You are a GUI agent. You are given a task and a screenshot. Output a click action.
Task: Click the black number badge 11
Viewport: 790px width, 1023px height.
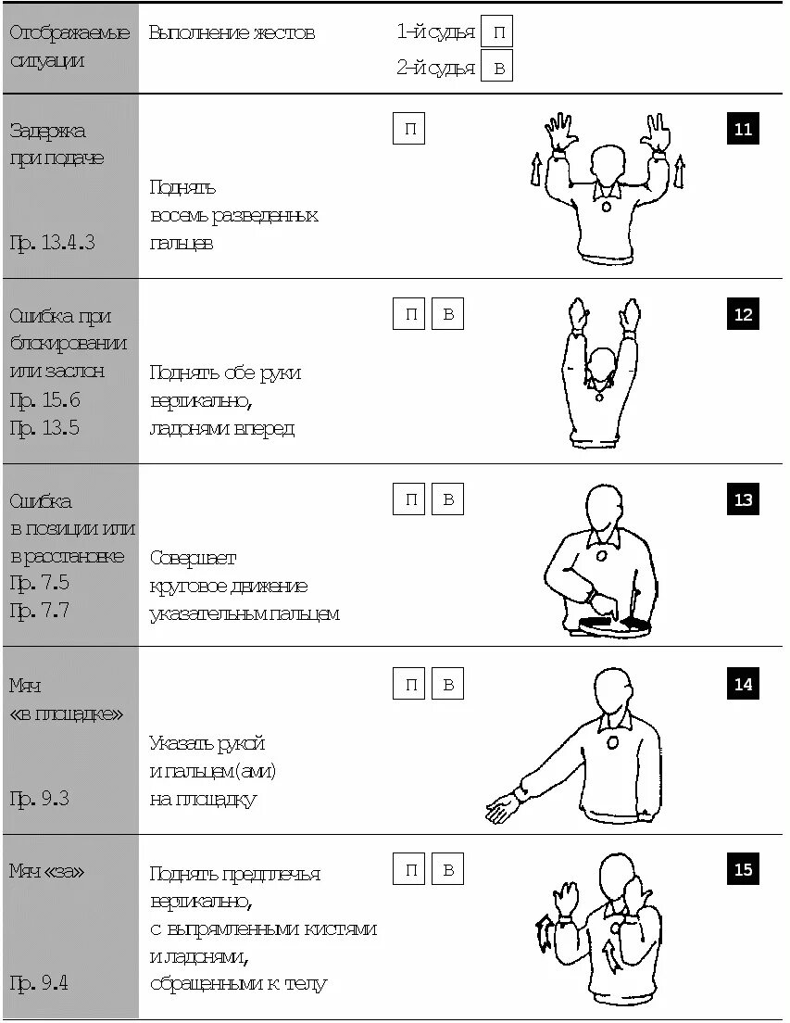(x=743, y=129)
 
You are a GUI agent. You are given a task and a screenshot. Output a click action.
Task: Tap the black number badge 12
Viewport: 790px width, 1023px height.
(x=743, y=314)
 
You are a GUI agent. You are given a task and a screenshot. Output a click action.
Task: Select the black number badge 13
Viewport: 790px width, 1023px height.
(x=743, y=499)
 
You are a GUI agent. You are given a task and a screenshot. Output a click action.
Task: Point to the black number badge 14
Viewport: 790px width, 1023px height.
(x=743, y=685)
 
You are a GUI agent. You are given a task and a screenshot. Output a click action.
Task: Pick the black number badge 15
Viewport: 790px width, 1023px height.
(x=743, y=869)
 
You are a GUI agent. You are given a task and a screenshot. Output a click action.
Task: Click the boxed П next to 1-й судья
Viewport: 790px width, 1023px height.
(x=498, y=32)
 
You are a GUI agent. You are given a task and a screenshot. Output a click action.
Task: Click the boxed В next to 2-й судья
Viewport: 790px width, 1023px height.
(x=498, y=68)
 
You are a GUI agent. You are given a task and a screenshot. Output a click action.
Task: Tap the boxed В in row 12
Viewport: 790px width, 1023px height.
(x=447, y=315)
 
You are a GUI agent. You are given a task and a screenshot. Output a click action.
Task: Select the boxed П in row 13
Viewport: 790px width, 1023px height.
(x=408, y=500)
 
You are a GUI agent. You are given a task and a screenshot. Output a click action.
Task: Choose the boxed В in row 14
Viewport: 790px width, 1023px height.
(x=447, y=685)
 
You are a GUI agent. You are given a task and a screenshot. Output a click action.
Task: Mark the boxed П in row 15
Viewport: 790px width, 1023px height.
(x=408, y=869)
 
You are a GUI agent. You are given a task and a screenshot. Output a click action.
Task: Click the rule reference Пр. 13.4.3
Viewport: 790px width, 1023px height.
(x=52, y=244)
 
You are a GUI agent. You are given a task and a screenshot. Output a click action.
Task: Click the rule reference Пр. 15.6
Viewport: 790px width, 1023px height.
(x=44, y=400)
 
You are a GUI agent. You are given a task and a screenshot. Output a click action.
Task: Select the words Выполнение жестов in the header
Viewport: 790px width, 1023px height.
(x=232, y=33)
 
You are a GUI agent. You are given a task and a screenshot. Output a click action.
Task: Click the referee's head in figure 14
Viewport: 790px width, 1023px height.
(x=614, y=691)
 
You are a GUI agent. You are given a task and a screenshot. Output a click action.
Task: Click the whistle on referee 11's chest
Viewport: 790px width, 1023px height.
(x=607, y=207)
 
